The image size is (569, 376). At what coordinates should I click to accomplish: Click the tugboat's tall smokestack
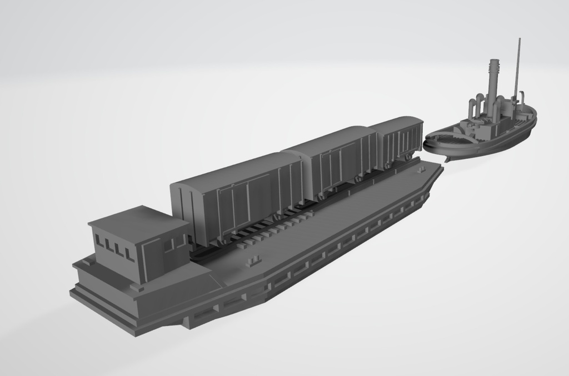point(492,83)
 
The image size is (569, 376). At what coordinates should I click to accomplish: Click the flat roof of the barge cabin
point(137,220)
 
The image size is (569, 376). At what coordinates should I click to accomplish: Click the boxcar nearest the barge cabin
point(239,194)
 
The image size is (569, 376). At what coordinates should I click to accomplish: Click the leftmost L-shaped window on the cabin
point(100,241)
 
